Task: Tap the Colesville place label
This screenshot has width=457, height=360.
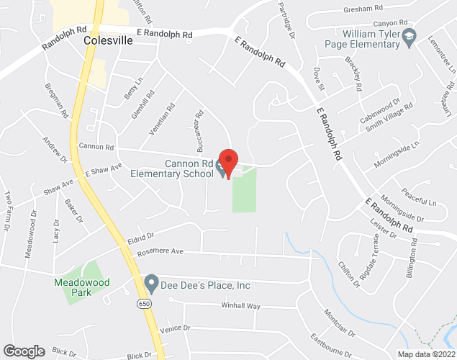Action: tap(108, 41)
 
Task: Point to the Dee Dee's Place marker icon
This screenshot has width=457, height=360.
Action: tap(151, 282)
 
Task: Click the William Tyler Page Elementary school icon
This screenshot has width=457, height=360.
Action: tap(409, 36)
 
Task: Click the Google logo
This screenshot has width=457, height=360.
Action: tap(23, 351)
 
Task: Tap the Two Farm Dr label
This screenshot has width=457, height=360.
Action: tap(8, 209)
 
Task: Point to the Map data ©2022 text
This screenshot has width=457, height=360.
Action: tap(427, 354)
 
